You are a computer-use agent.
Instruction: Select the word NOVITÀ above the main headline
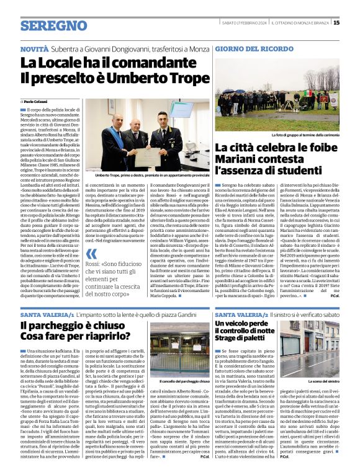[34, 48]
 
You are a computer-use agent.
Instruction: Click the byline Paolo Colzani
[38, 100]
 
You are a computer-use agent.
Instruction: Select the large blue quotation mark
[91, 254]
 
